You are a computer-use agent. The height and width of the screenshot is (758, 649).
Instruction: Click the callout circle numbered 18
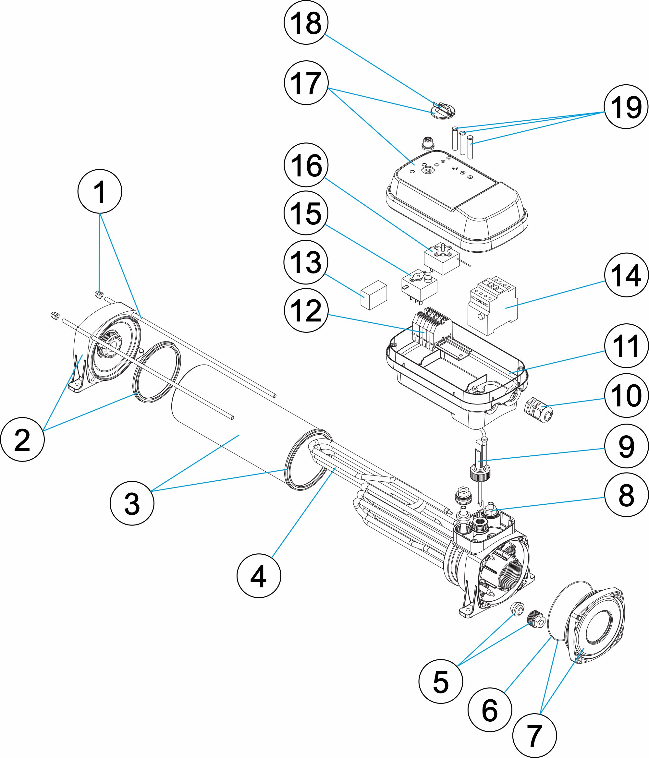coord(306,22)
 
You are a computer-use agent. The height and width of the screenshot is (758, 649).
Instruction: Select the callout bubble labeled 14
coord(626,275)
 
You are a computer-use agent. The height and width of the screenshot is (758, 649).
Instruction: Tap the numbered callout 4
coord(259,576)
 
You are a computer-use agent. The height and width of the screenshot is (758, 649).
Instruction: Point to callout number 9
coord(626,446)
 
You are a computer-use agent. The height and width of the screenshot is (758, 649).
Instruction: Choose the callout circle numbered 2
coord(22,439)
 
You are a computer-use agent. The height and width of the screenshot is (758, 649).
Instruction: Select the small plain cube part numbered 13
coord(374,295)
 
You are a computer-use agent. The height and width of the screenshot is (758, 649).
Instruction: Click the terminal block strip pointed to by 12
coord(432,329)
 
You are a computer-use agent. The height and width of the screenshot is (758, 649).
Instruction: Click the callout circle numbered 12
coord(306,311)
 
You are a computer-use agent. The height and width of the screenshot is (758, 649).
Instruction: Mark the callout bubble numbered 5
coord(441,681)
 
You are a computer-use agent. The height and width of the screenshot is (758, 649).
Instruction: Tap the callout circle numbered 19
coord(626,106)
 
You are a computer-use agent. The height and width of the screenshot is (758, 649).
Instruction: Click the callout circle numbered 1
coord(100,191)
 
